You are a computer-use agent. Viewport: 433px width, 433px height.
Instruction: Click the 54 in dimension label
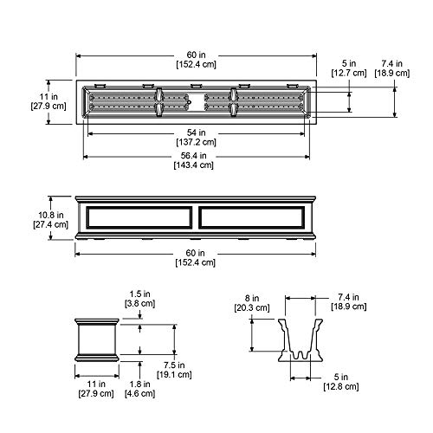click(x=197, y=132)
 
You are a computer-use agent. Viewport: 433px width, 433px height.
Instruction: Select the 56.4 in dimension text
click(x=194, y=156)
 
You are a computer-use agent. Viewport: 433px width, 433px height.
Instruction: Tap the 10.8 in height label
click(x=51, y=215)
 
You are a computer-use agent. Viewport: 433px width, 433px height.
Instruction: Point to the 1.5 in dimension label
click(x=139, y=294)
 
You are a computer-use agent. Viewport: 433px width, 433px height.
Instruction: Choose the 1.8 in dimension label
click(x=139, y=384)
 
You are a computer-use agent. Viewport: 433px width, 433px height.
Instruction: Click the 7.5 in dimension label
click(x=174, y=365)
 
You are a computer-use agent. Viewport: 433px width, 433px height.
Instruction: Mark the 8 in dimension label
click(x=252, y=298)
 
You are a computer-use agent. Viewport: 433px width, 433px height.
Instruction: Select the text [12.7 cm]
click(x=349, y=73)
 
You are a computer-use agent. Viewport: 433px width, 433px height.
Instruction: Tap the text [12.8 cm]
click(x=341, y=386)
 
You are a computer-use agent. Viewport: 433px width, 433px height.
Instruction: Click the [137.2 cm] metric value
click(x=197, y=142)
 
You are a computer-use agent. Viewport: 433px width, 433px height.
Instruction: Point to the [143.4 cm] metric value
click(x=194, y=165)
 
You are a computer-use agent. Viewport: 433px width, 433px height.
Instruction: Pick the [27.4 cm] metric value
click(x=51, y=224)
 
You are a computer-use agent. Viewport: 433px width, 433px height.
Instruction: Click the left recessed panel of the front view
click(x=139, y=217)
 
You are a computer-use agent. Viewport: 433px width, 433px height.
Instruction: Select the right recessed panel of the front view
click(x=252, y=217)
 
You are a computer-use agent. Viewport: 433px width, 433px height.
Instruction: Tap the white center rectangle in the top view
click(x=197, y=102)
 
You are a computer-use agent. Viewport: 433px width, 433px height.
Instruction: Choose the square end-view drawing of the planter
click(x=97, y=340)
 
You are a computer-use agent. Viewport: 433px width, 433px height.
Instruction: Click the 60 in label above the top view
click(x=196, y=55)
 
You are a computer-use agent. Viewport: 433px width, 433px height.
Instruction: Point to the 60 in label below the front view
click(x=196, y=253)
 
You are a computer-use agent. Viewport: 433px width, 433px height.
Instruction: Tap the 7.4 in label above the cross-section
click(x=348, y=297)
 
